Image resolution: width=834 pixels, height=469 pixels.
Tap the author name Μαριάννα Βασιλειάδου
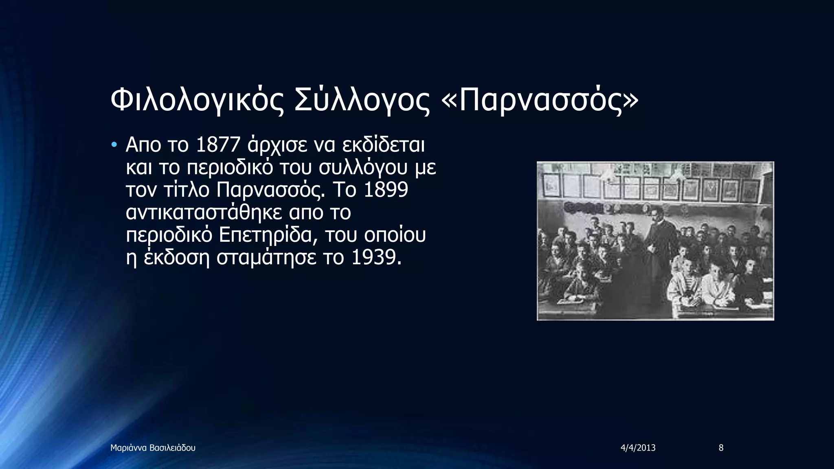[x=153, y=448]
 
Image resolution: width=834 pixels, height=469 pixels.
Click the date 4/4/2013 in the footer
[x=638, y=448]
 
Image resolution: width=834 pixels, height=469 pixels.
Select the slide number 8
[x=721, y=448]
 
